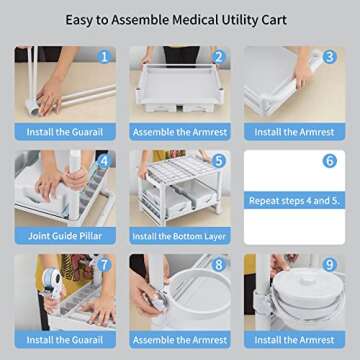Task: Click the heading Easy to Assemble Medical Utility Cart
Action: point(180,19)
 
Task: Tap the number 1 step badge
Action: point(102,57)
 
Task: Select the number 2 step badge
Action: point(217,57)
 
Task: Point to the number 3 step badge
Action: point(329,57)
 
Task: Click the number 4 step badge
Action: point(102,160)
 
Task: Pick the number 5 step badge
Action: point(217,160)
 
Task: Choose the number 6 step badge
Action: point(329,160)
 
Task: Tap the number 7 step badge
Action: point(102,264)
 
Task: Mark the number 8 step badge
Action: point(217,264)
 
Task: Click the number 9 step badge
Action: point(329,264)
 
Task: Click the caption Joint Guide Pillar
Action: point(65,236)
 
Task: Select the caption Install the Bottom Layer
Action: point(179,236)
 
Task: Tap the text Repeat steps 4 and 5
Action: point(293,201)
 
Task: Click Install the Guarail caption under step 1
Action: point(65,132)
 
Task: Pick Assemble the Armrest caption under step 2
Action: point(179,132)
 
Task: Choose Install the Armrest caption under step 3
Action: point(293,132)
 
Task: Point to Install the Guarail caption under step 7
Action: point(65,339)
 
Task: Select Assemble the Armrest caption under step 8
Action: point(179,339)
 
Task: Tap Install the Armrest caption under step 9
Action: point(293,339)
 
